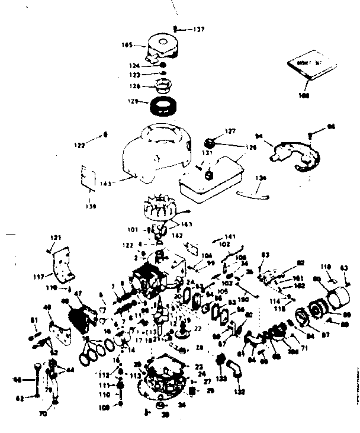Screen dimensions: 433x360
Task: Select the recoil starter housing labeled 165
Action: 161,46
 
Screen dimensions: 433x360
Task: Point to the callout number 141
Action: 230,236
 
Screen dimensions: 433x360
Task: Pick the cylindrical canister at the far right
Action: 339,295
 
